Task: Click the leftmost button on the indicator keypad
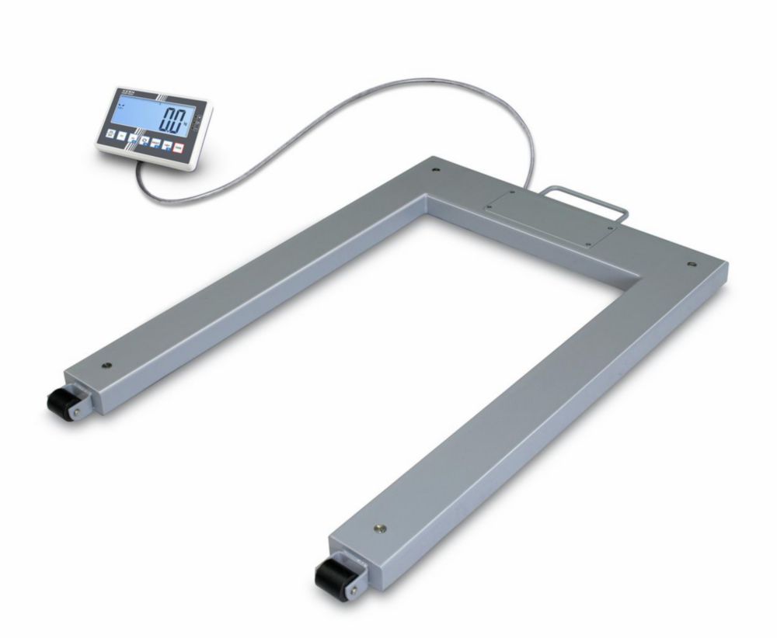[x=110, y=133]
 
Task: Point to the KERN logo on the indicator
[x=126, y=92]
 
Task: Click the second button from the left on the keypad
[x=122, y=136]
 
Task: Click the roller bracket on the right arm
[x=354, y=570]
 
